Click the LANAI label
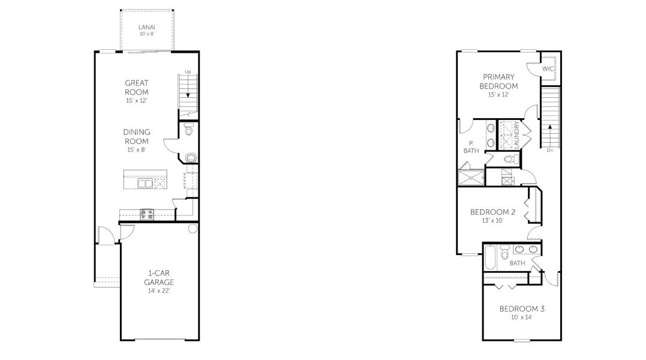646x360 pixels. coord(147,27)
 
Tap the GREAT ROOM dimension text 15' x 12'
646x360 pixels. coord(137,101)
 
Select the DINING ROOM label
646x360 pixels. coord(137,137)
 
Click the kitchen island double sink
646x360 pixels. coord(145,182)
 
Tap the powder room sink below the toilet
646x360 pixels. coord(190,158)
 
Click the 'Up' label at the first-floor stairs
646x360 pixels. coord(188,72)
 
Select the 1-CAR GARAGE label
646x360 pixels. coord(159,277)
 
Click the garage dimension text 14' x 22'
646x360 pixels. coord(159,291)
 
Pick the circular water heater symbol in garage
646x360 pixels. coord(193,229)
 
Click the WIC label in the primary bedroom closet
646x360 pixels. coord(548,69)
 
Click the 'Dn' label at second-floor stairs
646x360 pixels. coord(549,151)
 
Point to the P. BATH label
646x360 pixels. coord(471,146)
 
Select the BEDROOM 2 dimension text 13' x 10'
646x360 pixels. coord(492,221)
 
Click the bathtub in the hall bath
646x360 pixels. coord(489,257)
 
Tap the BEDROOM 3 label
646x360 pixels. coord(522,309)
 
